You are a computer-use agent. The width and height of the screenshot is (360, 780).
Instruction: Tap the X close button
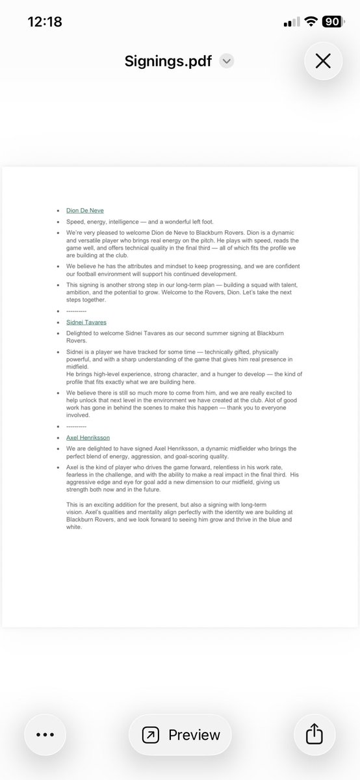[323, 61]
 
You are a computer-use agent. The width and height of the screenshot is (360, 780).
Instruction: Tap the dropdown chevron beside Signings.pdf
[226, 61]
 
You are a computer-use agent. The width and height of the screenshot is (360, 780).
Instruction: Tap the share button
[315, 734]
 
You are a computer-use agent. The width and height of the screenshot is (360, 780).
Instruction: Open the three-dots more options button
[45, 734]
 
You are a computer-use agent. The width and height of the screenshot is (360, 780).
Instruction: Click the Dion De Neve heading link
[84, 211]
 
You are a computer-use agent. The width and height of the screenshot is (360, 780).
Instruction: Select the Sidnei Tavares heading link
[86, 322]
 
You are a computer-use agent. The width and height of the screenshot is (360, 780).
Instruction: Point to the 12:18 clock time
[45, 21]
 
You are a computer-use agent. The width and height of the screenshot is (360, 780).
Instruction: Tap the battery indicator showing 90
[332, 21]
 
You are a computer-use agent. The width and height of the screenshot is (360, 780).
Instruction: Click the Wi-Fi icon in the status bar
[311, 21]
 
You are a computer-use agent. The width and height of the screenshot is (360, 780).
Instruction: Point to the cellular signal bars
[291, 22]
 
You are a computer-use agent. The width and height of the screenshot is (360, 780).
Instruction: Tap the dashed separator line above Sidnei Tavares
[76, 311]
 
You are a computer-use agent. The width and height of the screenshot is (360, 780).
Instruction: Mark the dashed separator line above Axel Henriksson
[76, 426]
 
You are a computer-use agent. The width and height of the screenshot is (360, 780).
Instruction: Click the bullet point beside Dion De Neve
[58, 211]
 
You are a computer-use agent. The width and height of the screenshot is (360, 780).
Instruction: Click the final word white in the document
[74, 526]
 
